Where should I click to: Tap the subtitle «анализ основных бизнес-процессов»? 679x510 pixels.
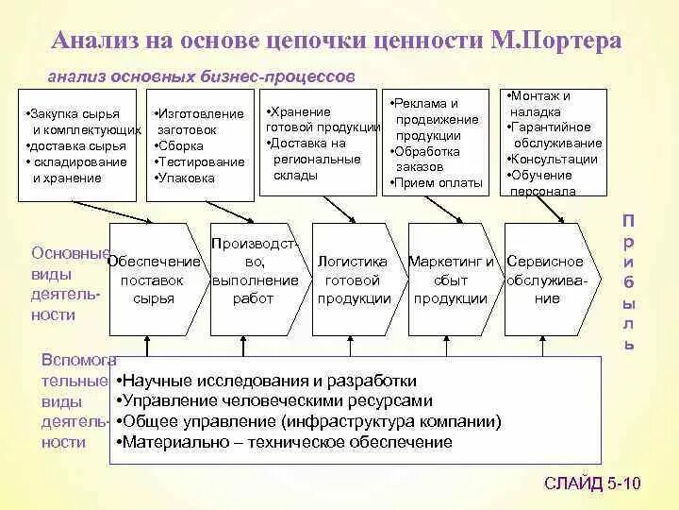tap(201, 74)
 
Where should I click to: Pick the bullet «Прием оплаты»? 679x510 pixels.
tap(439, 182)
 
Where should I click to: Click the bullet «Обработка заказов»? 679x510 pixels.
tap(428, 158)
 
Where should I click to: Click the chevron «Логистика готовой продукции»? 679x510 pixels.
tap(353, 280)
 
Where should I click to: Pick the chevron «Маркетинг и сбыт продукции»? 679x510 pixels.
tap(450, 280)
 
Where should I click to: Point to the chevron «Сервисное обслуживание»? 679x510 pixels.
tap(546, 280)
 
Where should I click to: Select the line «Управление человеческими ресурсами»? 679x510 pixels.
tap(276, 400)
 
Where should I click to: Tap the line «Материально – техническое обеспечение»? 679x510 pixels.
tap(286, 441)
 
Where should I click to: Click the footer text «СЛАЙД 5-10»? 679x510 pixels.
tap(592, 484)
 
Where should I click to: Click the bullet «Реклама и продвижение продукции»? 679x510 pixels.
tap(429, 119)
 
